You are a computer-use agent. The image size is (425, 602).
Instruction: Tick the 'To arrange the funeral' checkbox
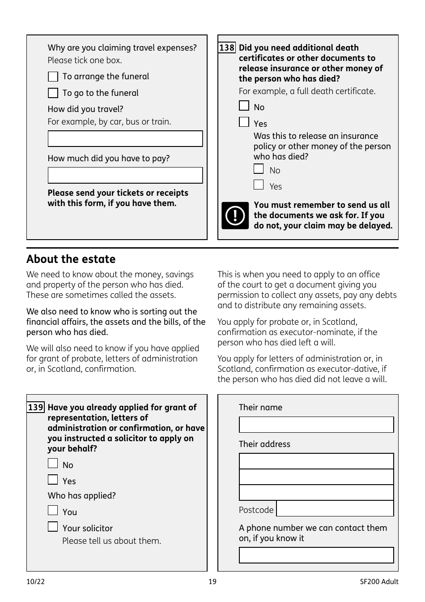[x=53, y=77]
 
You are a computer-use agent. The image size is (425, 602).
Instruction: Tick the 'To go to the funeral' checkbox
[x=53, y=93]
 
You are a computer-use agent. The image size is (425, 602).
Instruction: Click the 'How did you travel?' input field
[x=125, y=139]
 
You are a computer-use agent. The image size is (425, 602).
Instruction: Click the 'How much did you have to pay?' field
[x=125, y=176]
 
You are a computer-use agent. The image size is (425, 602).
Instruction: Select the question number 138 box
[x=227, y=47]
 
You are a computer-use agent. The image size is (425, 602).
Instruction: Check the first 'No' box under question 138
[x=244, y=106]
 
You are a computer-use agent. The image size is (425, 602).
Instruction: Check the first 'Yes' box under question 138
[x=244, y=122]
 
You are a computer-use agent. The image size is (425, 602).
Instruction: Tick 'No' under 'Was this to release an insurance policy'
[x=259, y=169]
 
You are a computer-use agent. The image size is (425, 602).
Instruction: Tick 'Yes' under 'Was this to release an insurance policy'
[x=259, y=185]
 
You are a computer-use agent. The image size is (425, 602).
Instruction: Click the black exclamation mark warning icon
[x=235, y=215]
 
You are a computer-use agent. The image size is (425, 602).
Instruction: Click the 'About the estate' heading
[x=71, y=259]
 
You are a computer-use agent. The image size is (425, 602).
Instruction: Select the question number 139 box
[x=36, y=407]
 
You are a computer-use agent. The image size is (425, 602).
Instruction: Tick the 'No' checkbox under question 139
[x=53, y=464]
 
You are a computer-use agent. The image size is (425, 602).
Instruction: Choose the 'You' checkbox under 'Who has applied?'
[x=53, y=511]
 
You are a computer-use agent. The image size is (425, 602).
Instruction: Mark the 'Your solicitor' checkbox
[x=53, y=527]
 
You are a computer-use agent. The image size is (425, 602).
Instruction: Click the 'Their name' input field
[x=316, y=425]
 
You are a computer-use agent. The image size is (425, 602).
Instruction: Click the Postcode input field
[x=335, y=509]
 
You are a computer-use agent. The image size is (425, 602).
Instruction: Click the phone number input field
[x=316, y=555]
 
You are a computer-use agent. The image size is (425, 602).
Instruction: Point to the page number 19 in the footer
[x=212, y=582]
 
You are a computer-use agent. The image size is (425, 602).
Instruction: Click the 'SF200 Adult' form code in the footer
[x=379, y=582]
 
